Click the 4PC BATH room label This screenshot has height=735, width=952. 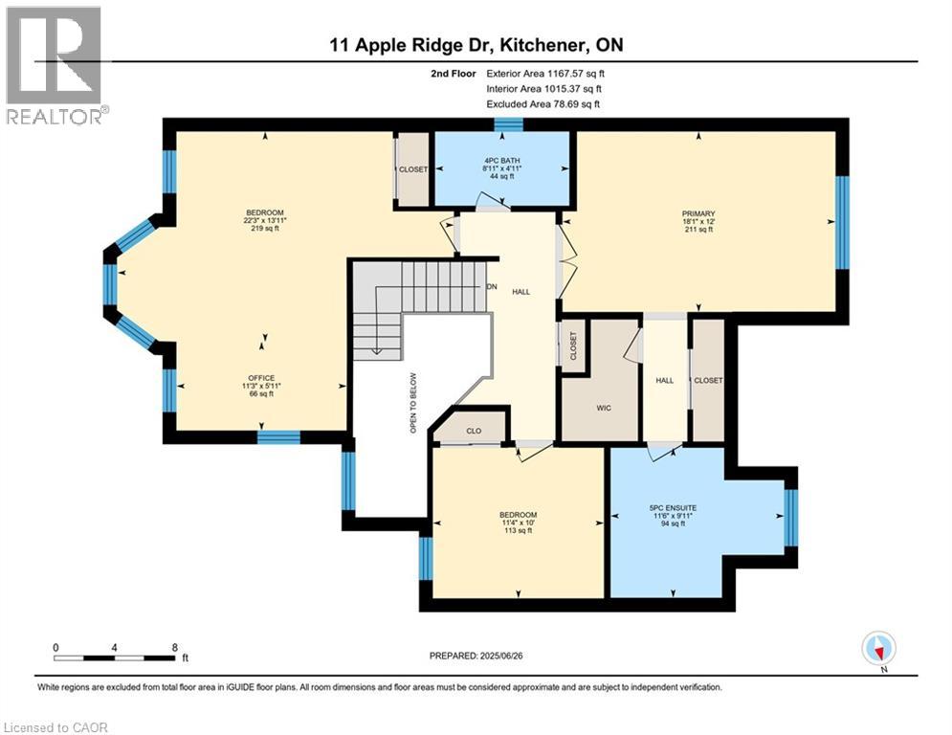point(502,158)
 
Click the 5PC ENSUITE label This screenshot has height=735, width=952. point(675,507)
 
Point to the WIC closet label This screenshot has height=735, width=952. point(603,407)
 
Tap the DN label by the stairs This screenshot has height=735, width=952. point(493,286)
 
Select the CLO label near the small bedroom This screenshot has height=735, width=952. point(473,431)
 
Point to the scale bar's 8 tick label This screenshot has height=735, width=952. point(174,647)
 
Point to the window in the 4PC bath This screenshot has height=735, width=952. point(508,124)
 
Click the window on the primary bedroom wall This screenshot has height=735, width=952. point(842,222)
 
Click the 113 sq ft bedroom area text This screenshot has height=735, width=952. point(518,532)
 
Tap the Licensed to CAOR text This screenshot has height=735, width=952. point(55,726)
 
